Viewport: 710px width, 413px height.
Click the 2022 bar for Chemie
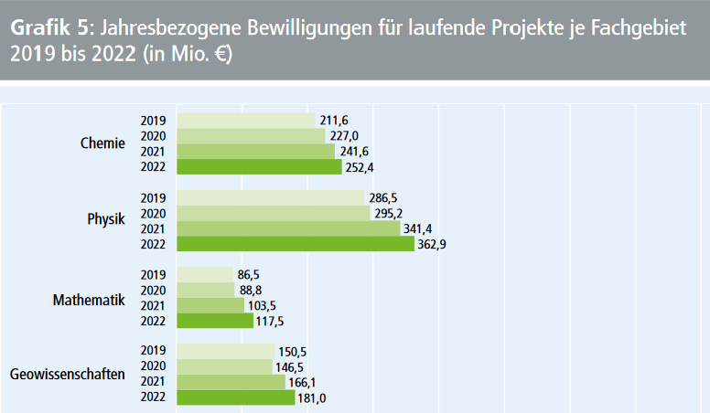(x=259, y=166)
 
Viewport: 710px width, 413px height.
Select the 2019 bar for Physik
(x=271, y=197)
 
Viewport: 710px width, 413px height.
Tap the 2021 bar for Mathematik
(x=210, y=305)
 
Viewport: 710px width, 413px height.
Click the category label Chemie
(x=102, y=143)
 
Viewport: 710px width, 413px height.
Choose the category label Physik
(x=106, y=220)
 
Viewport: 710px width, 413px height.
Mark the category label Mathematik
(x=90, y=297)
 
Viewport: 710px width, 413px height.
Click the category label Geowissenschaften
(x=68, y=374)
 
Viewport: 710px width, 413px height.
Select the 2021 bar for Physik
(x=288, y=228)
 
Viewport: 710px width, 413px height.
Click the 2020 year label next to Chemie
(x=153, y=136)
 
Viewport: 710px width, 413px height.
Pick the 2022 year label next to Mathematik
(x=153, y=321)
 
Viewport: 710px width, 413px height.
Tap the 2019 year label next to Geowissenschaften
(x=153, y=351)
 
